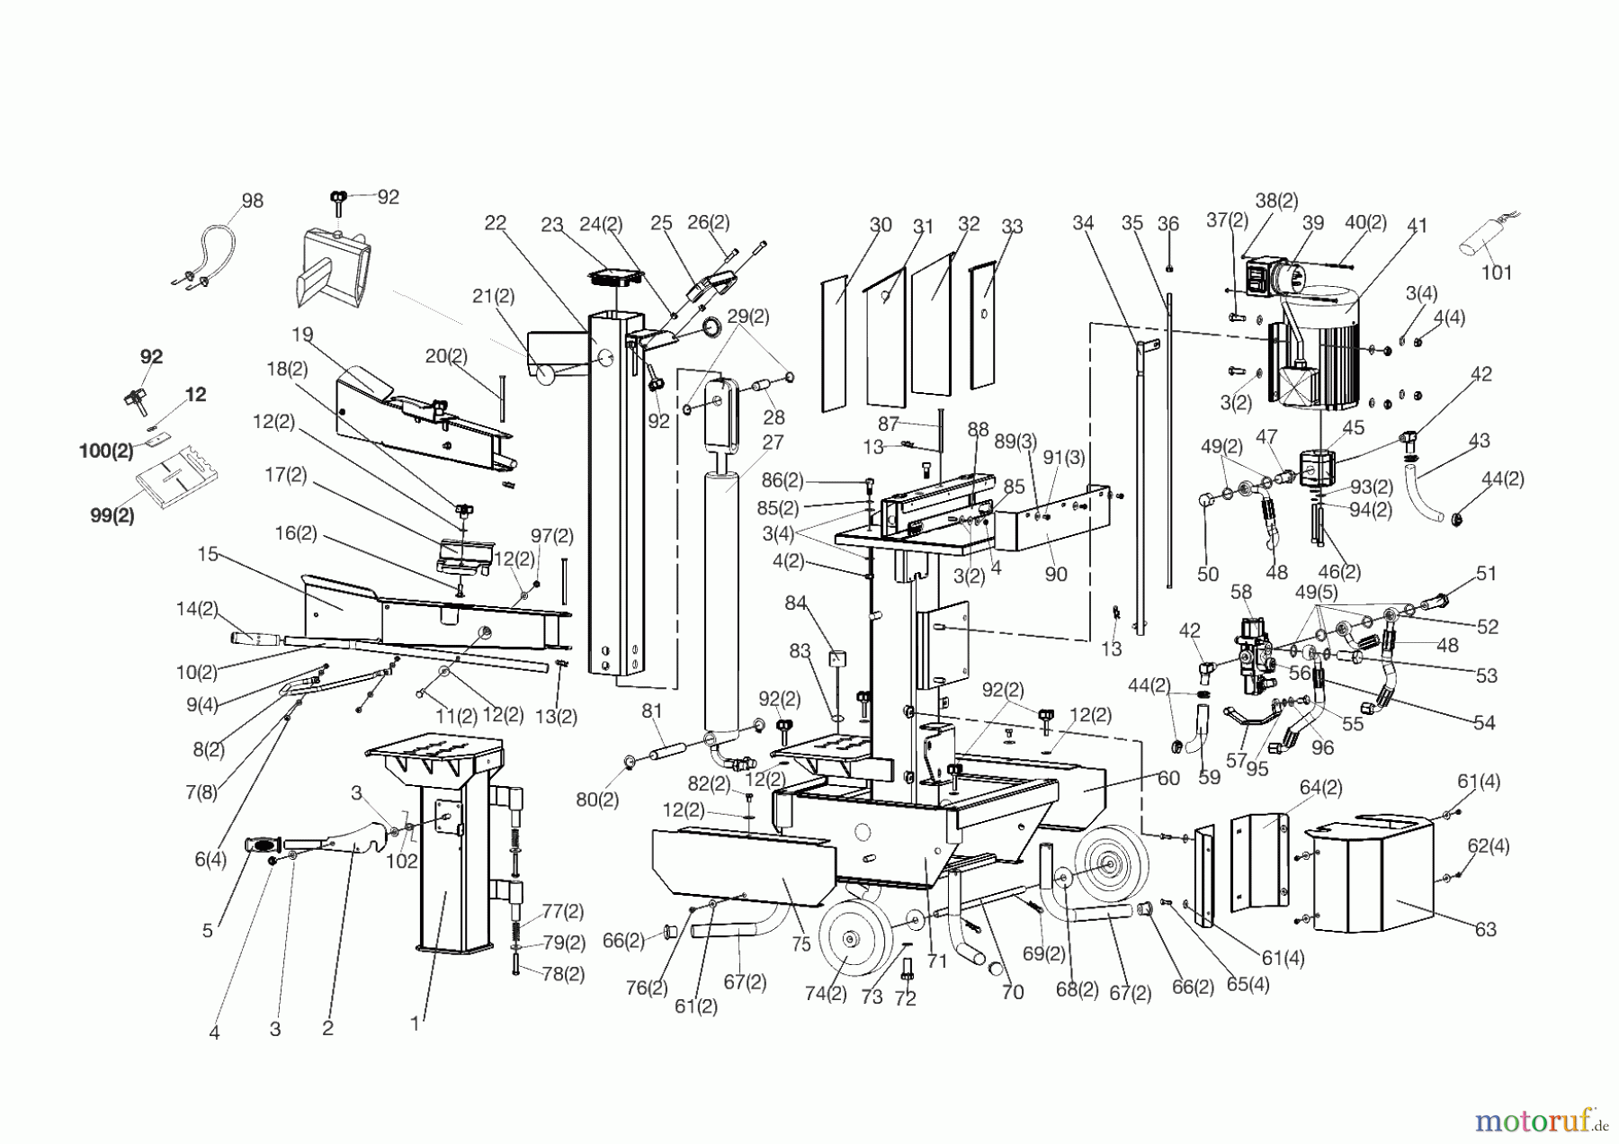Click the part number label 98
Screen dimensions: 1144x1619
[x=253, y=201]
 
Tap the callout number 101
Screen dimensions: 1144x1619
[x=1497, y=272]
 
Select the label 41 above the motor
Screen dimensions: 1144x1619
[x=1417, y=226]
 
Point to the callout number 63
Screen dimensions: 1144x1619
[x=1485, y=929]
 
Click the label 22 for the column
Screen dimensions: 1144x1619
[x=496, y=224]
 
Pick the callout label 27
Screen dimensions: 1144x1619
[x=773, y=442]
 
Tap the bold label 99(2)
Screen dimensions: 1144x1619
[x=112, y=516]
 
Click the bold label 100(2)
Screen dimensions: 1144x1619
[x=106, y=451]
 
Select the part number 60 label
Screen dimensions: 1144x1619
[x=1168, y=778]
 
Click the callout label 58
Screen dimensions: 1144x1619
[x=1241, y=593]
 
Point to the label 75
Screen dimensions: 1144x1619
[x=801, y=943]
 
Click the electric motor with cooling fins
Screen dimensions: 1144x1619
[x=1322, y=346]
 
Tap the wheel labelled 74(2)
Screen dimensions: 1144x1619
[x=850, y=939]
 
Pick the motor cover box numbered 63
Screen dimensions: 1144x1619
[x=1367, y=877]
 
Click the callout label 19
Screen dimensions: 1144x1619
[x=302, y=335]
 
